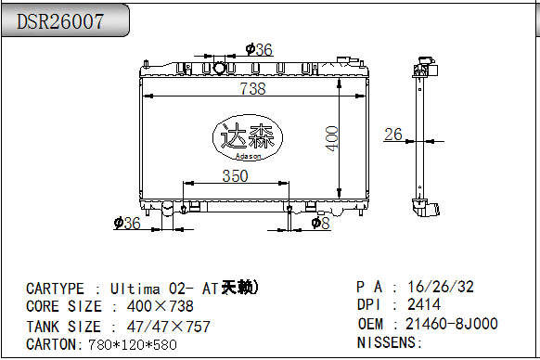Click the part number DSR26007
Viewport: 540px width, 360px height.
coord(60,20)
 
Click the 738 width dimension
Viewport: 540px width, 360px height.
coord(252,89)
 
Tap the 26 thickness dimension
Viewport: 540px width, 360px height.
coord(393,135)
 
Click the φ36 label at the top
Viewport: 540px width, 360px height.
coord(259,50)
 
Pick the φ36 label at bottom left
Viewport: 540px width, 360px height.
coord(126,223)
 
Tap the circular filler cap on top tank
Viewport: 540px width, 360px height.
coord(219,68)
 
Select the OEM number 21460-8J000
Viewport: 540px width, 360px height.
coord(452,324)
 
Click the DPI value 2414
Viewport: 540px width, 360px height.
coord(424,304)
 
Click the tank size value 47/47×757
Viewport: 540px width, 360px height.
coord(161,326)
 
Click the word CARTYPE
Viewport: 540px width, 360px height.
coord(57,288)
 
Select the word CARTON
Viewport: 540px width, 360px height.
coord(52,344)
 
